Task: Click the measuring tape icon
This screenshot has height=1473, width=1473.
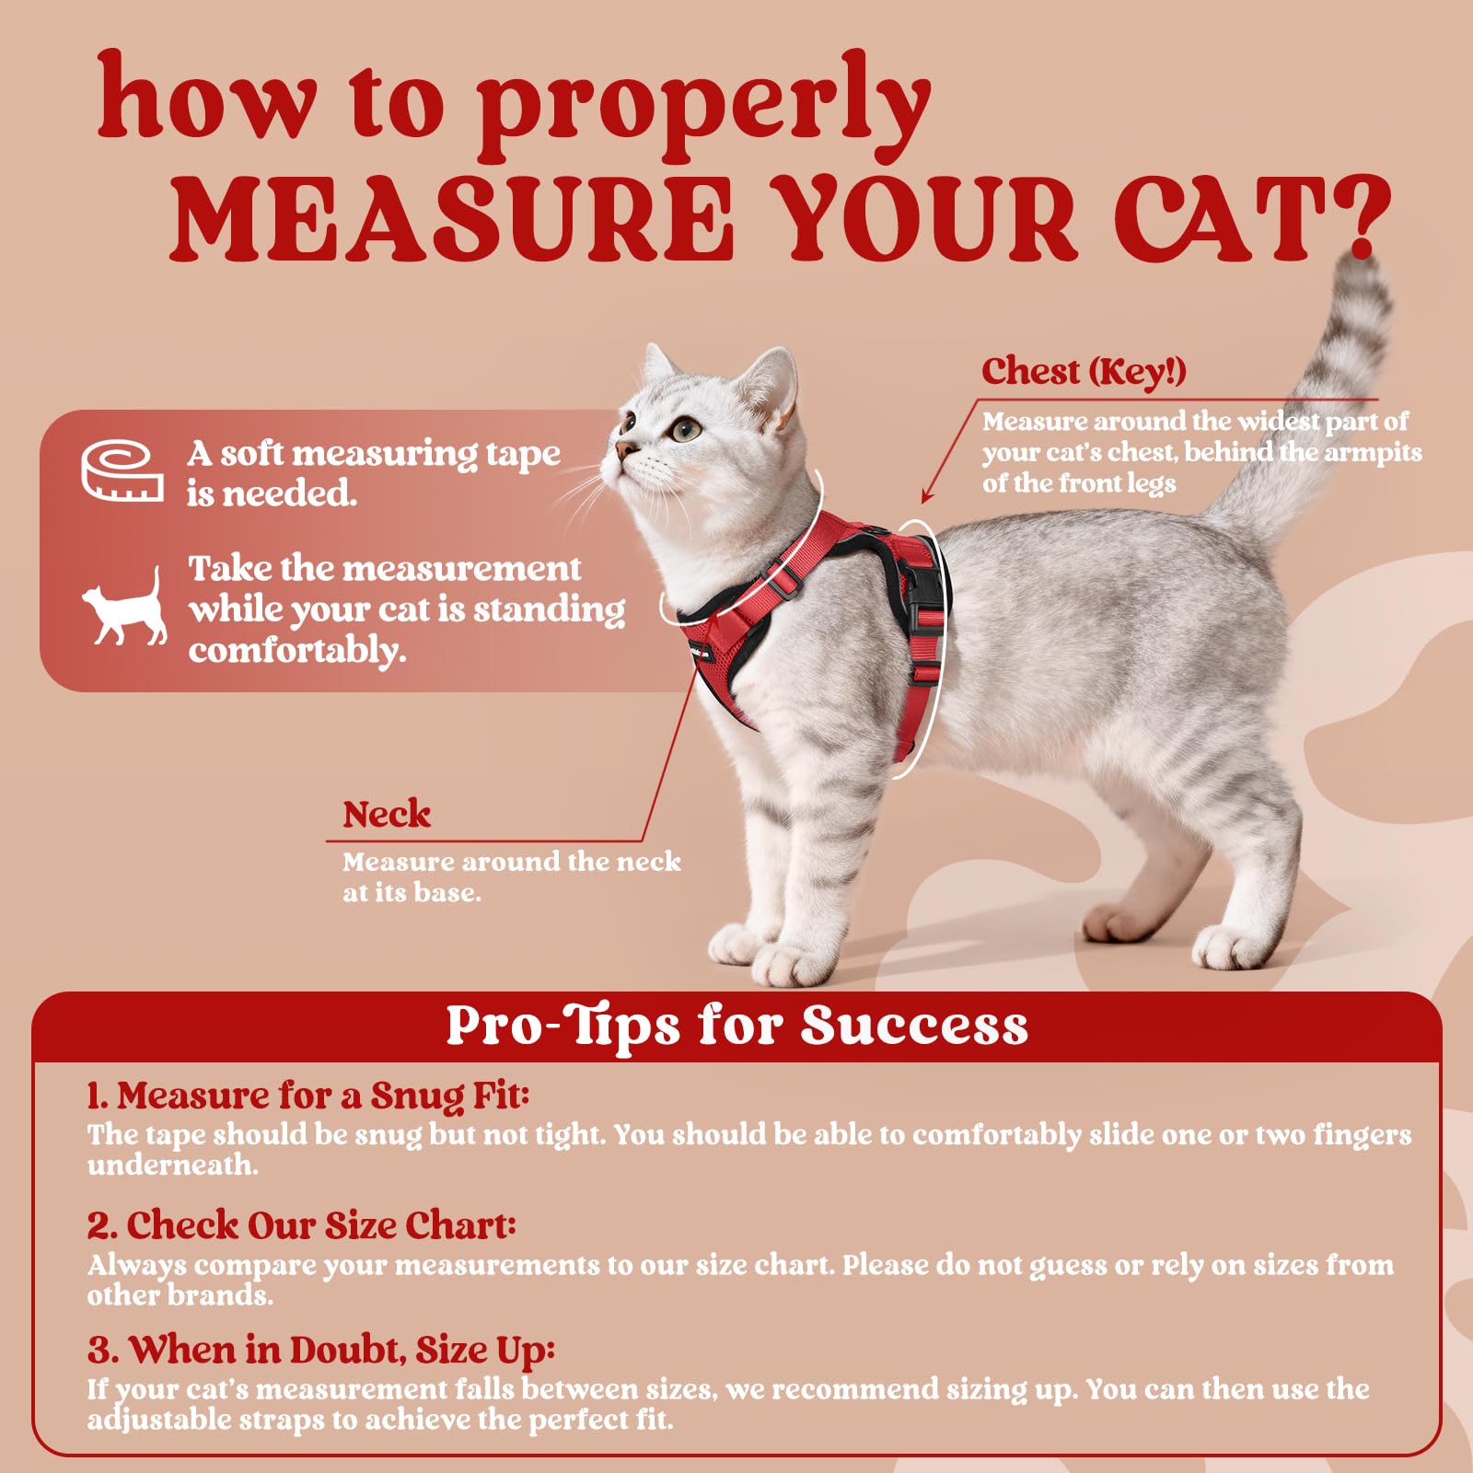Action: [122, 470]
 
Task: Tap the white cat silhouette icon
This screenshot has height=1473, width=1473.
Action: [124, 609]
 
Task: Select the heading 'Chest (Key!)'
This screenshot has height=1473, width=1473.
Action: [1084, 372]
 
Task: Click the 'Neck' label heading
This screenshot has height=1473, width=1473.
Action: [387, 815]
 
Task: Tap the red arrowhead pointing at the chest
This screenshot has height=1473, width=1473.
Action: [927, 497]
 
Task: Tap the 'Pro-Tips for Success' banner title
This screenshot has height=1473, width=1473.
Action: [736, 1026]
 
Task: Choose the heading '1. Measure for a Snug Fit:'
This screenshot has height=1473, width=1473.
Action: [308, 1096]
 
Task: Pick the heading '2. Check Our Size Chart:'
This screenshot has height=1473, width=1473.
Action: [302, 1225]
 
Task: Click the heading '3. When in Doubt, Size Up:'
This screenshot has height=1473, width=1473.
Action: [321, 1351]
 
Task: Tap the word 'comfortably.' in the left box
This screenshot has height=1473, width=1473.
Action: [297, 651]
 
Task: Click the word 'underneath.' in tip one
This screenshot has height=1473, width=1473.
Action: [173, 1166]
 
